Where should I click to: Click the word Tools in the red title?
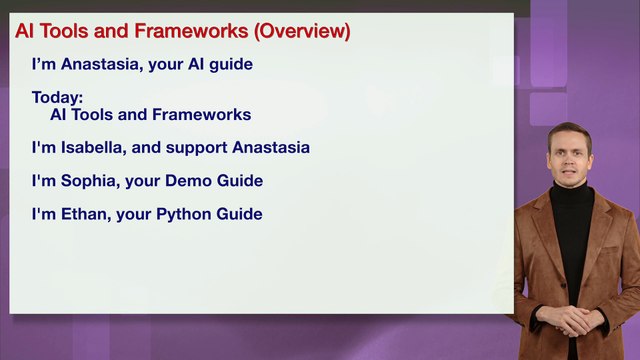64,31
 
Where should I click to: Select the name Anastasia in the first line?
99,64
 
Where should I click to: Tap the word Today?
56,98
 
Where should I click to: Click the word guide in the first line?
231,65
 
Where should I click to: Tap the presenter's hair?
568,132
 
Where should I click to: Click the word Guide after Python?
240,214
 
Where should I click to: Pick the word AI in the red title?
26,31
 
